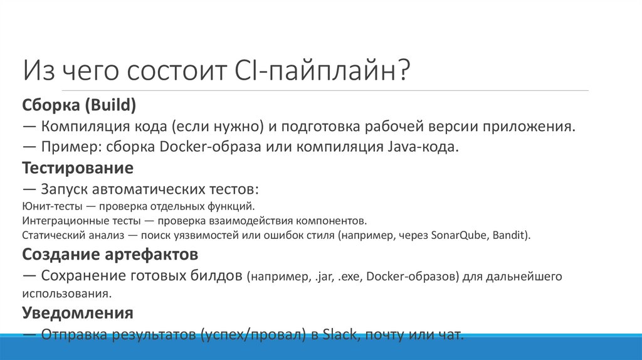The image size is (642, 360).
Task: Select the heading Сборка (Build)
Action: [79, 104]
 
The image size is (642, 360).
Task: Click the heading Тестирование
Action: [78, 168]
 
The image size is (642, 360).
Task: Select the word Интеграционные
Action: [65, 221]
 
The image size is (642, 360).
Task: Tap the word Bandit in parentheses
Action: [512, 236]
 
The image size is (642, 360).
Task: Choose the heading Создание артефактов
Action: [110, 255]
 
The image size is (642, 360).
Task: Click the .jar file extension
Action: [320, 276]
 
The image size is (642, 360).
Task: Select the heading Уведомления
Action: [78, 312]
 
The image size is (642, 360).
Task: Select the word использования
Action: [68, 293]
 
